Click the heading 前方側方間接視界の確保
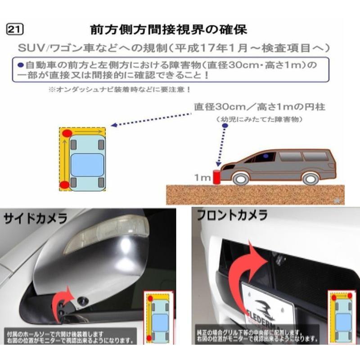click(168, 30)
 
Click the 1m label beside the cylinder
click(202, 178)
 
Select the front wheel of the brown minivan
click(241, 178)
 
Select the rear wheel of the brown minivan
click(310, 178)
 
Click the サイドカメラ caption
click(36, 219)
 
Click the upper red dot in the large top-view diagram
click(67, 133)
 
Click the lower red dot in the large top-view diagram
click(64, 184)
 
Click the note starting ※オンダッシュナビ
click(120, 90)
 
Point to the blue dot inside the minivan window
click(266, 156)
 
